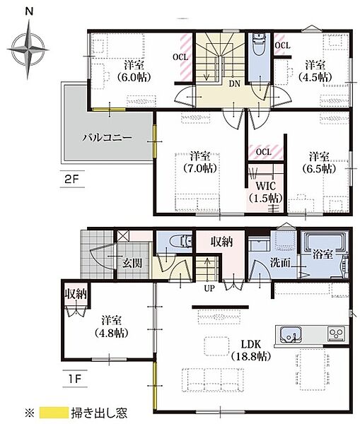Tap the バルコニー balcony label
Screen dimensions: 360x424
[108, 138]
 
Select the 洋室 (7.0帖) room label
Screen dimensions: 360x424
[200, 163]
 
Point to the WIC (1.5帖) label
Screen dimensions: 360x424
[266, 192]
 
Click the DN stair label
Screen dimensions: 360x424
[234, 84]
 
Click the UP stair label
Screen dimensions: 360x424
[209, 289]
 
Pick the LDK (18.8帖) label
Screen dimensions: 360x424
[251, 351]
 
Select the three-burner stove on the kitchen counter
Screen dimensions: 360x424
[336, 334]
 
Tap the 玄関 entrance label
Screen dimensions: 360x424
[132, 262]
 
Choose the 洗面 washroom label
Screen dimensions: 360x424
[280, 263]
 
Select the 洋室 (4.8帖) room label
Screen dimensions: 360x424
[111, 326]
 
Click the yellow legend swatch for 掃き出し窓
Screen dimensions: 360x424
[54, 413]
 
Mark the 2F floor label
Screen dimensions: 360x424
[71, 179]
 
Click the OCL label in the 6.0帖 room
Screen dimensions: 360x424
[180, 57]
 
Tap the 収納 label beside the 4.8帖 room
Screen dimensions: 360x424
[76, 294]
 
